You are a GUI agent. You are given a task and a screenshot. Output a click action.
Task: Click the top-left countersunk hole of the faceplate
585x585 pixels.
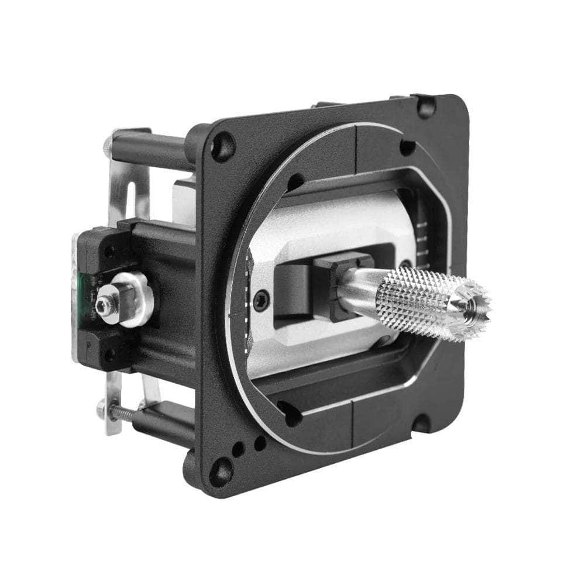(x=222, y=146)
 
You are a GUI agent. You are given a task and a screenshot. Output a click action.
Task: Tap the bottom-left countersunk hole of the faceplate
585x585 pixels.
(x=221, y=470)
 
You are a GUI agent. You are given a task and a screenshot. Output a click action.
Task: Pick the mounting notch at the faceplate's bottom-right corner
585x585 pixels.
(x=422, y=422)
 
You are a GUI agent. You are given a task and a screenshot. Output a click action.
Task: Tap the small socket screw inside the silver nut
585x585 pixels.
(x=106, y=305)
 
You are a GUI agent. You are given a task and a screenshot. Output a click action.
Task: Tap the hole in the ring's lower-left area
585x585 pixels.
(x=290, y=412)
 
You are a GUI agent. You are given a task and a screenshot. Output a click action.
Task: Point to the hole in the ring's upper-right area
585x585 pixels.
(x=407, y=147)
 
